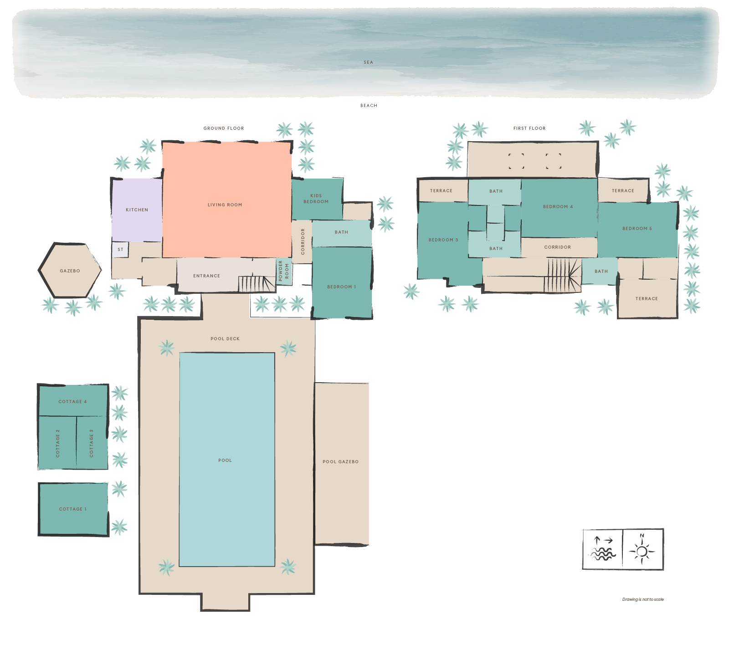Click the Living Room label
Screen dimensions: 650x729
click(x=225, y=205)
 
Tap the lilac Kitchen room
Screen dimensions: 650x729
click(x=137, y=210)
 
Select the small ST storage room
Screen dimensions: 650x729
click(x=120, y=250)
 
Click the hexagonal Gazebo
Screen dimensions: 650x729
click(x=70, y=271)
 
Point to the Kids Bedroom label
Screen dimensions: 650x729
click(x=316, y=199)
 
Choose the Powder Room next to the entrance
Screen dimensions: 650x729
click(x=283, y=271)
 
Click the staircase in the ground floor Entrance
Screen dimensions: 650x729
click(x=257, y=284)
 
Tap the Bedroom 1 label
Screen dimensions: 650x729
click(x=341, y=287)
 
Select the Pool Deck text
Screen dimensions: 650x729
click(x=225, y=339)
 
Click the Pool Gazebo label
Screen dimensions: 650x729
click(x=340, y=462)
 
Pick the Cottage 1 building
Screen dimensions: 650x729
click(x=73, y=509)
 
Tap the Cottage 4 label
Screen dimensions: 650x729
click(x=72, y=402)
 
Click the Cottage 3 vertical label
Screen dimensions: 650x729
click(x=92, y=443)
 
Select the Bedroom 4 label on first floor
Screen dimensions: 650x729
click(x=558, y=207)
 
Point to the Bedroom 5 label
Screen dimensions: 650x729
click(x=637, y=229)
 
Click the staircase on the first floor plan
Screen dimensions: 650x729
click(x=563, y=275)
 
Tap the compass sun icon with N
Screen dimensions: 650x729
click(x=642, y=549)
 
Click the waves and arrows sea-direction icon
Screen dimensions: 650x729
click(x=602, y=549)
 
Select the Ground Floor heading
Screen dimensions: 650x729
click(x=223, y=128)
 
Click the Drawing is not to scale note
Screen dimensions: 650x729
click(x=643, y=599)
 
